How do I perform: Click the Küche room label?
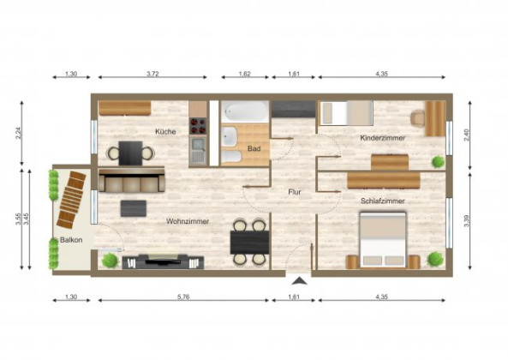[x=166, y=131]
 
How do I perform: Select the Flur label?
[x=295, y=192]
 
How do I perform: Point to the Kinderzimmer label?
[x=383, y=137]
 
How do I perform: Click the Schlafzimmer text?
[x=383, y=201]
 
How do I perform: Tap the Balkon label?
[x=71, y=240]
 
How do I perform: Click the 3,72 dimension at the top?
[x=152, y=75]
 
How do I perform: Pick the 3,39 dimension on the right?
[x=466, y=221]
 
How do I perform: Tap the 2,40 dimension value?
[x=466, y=135]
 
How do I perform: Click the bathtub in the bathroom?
[x=246, y=111]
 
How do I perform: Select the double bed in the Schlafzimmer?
[x=382, y=240]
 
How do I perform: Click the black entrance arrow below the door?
[x=298, y=280]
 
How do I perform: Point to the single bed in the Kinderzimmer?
[x=345, y=112]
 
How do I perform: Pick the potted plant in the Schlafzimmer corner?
[x=435, y=257]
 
